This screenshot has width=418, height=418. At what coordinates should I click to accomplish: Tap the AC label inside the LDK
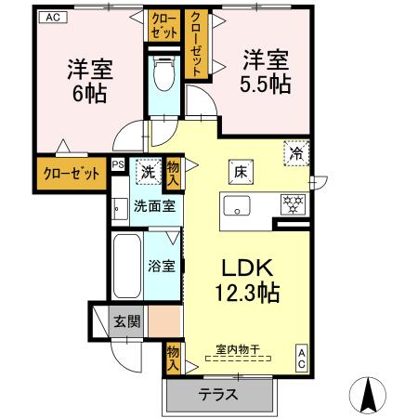(303, 359)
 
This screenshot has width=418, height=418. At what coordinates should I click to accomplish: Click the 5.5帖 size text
(266, 84)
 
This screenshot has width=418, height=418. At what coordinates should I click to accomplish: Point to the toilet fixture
(163, 73)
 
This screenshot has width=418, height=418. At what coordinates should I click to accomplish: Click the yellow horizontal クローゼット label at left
(70, 174)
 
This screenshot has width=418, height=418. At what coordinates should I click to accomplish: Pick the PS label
(118, 164)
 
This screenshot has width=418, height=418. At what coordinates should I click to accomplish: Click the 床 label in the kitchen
(239, 171)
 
